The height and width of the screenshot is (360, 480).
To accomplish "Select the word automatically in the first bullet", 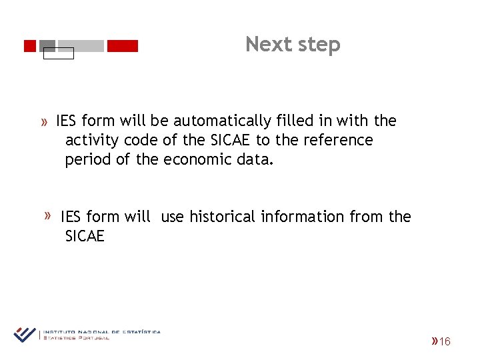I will [x=222, y=121].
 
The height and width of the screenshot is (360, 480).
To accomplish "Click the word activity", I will [x=91, y=141].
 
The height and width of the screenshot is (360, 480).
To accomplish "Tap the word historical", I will [x=222, y=217].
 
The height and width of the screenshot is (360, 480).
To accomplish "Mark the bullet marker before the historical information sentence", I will [x=49, y=215].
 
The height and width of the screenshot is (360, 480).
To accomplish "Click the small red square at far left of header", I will [x=29, y=46].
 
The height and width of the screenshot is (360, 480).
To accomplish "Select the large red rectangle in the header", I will [x=123, y=46].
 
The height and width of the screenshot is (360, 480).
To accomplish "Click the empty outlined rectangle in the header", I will [x=59, y=54].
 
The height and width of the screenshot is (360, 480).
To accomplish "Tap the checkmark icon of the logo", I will [x=25, y=333].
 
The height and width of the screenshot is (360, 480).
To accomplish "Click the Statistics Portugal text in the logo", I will [x=76, y=338].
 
